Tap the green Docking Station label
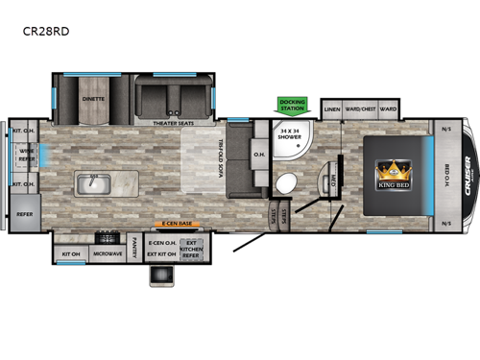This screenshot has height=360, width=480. (x=292, y=106)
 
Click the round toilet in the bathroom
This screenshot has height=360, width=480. (x=284, y=184)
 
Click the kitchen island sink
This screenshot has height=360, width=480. (x=93, y=181)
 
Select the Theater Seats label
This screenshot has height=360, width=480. (x=174, y=123)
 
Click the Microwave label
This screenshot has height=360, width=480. (x=106, y=253)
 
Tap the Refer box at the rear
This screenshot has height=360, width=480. (x=24, y=215)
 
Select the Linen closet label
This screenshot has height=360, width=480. (x=332, y=109)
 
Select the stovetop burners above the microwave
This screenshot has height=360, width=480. (x=106, y=237)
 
